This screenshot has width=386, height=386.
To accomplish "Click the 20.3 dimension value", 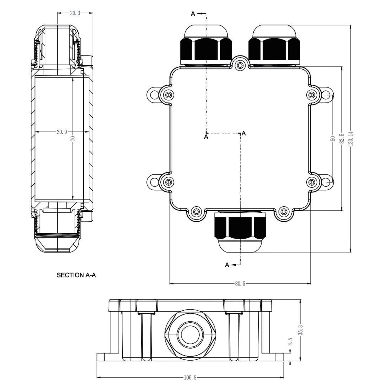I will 75,13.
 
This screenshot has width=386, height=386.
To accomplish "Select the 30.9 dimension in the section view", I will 62,132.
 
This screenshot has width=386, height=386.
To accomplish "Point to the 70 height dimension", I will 73,139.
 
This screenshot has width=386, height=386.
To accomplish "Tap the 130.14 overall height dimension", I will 351,139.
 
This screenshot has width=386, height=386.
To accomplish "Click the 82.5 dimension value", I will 342,139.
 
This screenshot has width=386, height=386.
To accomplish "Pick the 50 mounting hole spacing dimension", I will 333,139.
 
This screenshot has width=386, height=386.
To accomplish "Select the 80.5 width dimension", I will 240,284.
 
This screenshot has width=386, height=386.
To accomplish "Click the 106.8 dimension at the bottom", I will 190,378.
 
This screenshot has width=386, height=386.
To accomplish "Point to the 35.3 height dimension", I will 300,330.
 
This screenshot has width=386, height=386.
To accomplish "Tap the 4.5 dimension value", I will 290,343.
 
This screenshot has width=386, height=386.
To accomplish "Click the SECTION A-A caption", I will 76,275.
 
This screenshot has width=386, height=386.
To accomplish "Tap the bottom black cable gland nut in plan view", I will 240,226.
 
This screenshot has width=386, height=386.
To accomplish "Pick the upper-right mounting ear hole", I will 326,95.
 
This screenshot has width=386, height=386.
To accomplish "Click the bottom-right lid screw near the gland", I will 284,212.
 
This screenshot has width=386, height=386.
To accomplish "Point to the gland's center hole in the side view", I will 190,335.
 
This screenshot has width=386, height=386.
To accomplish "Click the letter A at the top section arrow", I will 193,14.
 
